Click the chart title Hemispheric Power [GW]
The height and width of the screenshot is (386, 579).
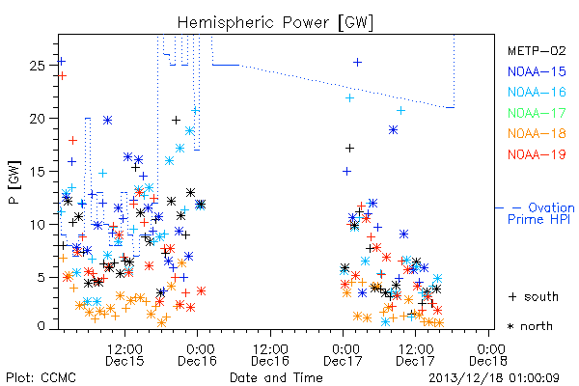click(275, 23)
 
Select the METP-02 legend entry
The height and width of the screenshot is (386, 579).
click(537, 50)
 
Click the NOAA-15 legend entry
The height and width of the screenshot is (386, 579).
click(537, 71)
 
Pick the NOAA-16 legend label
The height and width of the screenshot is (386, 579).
click(537, 92)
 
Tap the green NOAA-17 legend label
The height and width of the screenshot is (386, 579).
click(537, 113)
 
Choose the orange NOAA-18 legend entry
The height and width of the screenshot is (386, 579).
click(537, 133)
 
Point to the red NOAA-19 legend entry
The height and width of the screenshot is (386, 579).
click(537, 154)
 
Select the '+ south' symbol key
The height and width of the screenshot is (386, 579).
click(534, 296)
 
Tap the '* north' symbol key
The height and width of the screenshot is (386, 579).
click(530, 326)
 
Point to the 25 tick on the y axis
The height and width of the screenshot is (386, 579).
click(38, 66)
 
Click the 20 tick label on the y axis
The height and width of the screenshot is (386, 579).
click(38, 119)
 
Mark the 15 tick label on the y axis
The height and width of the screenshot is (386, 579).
click(38, 172)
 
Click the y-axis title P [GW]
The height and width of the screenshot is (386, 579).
click(14, 182)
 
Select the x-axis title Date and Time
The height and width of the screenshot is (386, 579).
click(276, 378)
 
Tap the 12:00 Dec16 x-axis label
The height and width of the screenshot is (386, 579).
click(270, 355)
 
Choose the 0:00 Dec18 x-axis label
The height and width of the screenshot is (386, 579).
click(488, 355)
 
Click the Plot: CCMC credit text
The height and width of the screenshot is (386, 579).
click(41, 378)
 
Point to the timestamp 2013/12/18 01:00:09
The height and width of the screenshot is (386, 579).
click(494, 378)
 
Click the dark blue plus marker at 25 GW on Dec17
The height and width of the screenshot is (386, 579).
click(357, 63)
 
